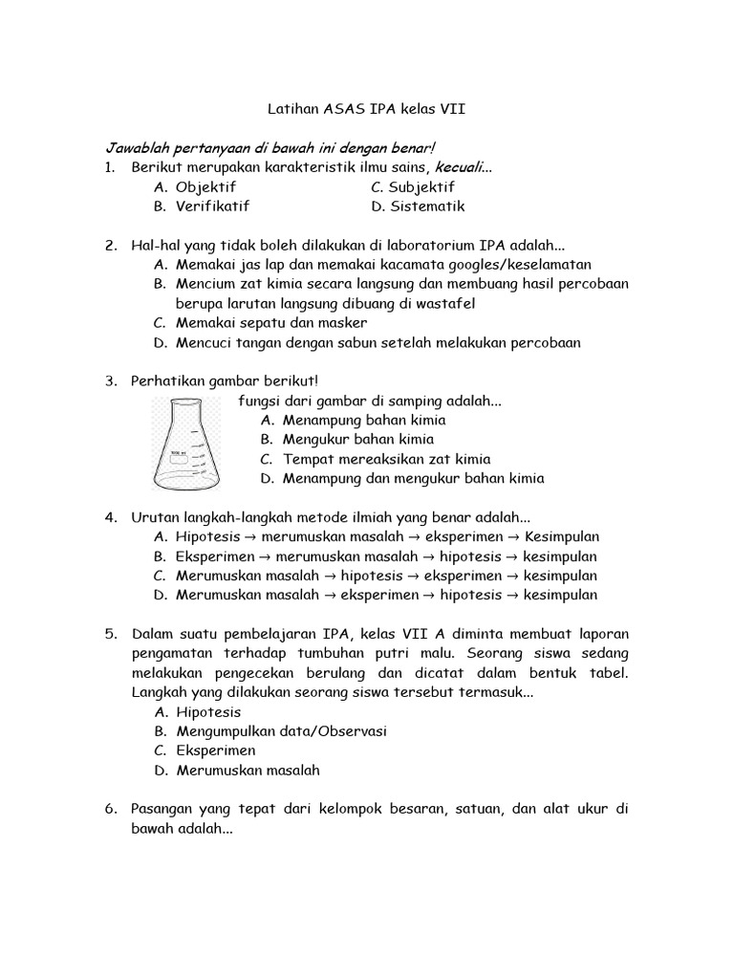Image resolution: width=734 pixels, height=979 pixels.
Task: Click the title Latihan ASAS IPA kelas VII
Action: click(x=365, y=110)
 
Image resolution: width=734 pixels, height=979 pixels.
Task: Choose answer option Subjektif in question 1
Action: click(x=413, y=187)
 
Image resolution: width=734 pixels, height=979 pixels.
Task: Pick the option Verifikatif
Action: click(x=212, y=207)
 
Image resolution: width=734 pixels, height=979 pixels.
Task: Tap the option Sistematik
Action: click(x=418, y=207)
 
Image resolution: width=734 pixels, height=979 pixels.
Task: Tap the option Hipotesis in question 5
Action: click(x=208, y=712)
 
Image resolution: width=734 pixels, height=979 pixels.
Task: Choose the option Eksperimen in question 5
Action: click(x=215, y=751)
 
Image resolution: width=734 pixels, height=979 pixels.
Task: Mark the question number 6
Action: click(x=111, y=809)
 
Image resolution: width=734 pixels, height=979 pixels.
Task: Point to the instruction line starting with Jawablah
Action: click(x=269, y=149)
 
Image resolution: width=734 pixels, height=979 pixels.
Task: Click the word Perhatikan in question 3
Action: click(x=168, y=381)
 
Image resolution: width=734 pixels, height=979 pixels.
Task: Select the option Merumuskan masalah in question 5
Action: click(x=248, y=770)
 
